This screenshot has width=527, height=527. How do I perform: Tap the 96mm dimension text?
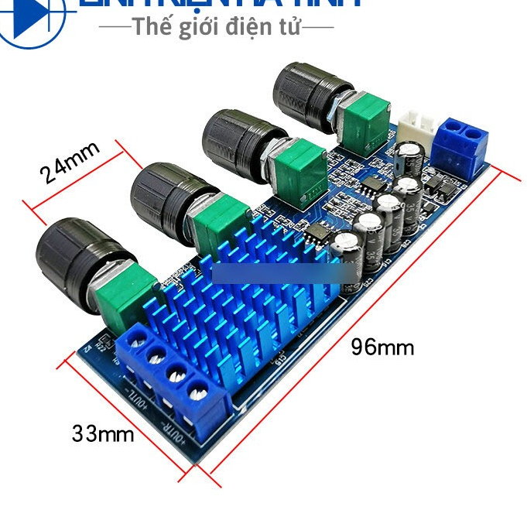(x=382, y=347)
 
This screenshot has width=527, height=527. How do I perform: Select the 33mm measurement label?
(x=102, y=433)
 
